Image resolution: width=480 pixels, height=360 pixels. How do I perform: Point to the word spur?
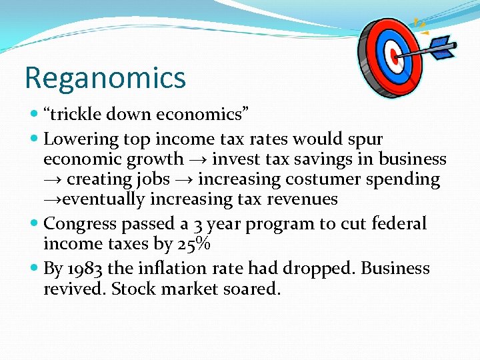365,139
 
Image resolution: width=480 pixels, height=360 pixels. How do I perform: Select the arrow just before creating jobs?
52,180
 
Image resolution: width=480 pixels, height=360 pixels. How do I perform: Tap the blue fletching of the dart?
442,47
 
